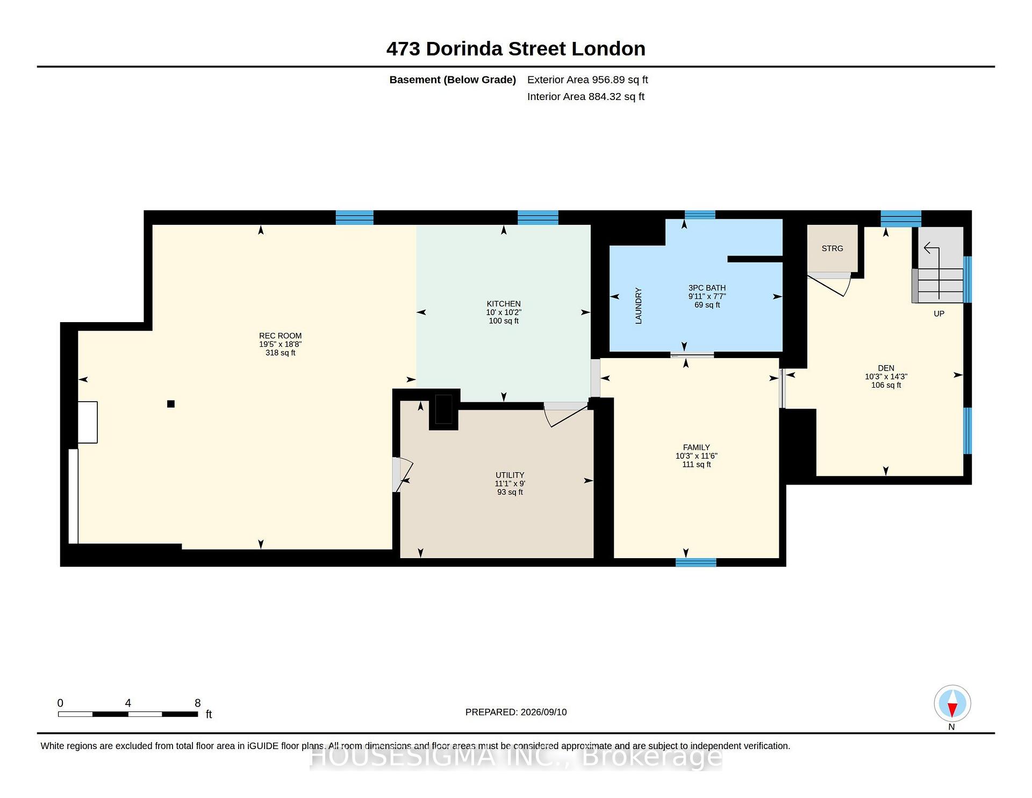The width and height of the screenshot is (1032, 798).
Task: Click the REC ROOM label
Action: point(280,336)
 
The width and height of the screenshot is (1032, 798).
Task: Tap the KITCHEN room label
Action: point(504,304)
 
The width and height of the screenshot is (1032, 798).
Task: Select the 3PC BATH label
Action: point(707,288)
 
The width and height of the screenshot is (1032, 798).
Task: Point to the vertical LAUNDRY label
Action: point(639,305)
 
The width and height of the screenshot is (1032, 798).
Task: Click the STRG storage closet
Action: point(832,248)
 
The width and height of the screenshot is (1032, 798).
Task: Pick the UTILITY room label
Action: point(510,475)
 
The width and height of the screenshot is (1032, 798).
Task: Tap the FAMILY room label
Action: point(696,447)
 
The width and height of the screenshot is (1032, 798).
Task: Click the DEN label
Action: point(886,368)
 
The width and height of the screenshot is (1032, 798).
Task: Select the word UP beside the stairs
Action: point(938,313)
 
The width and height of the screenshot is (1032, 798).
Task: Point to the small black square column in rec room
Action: point(171,404)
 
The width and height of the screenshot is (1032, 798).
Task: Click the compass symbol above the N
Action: point(952,703)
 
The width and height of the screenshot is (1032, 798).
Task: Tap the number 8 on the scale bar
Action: point(197,703)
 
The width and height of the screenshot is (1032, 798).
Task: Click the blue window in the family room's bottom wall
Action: point(696,562)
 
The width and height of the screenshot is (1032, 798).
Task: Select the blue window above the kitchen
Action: point(538,217)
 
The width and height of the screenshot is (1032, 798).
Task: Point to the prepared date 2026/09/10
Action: point(543,712)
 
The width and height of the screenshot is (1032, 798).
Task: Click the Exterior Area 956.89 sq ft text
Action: point(587,80)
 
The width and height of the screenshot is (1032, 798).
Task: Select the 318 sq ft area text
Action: point(280,353)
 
